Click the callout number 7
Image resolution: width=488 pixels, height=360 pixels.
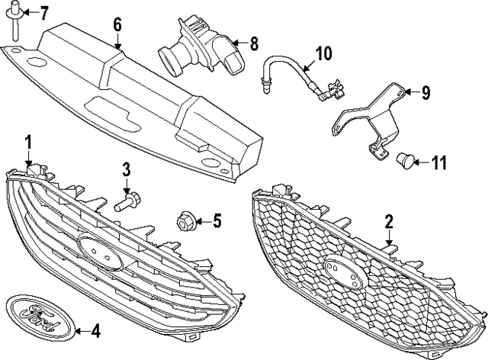click(x=43, y=12)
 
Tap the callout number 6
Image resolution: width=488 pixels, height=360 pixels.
click(x=117, y=24)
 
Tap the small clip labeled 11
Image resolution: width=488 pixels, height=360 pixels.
click(x=405, y=159)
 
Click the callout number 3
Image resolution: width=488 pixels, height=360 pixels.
click(x=127, y=169)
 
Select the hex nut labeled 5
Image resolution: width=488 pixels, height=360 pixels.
click(x=185, y=222)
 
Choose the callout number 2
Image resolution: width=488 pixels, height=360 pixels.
click(x=388, y=222)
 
